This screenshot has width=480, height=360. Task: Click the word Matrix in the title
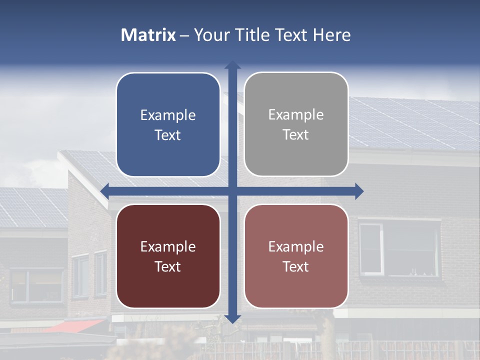pos(148,35)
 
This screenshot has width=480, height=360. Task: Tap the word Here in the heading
pos(331,35)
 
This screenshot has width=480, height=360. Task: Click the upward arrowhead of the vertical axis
pos(232,65)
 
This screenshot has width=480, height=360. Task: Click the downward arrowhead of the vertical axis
pos(232,318)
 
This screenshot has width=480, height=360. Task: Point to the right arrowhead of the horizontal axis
pos(359,191)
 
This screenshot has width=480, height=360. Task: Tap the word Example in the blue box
pos(168,115)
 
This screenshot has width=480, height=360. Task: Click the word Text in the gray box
pos(296,135)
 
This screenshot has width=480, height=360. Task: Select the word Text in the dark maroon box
pos(168,266)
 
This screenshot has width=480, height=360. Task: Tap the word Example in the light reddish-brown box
pos(296,246)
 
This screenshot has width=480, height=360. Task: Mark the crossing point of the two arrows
pos(232,191)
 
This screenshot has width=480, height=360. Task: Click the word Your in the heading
pos(210,35)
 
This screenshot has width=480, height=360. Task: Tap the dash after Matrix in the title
pos(184,35)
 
